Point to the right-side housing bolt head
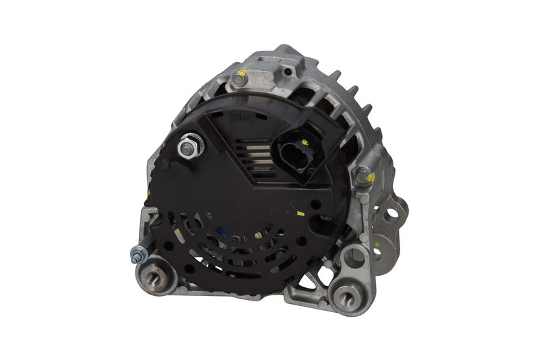[364, 176]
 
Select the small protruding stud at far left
[137, 256]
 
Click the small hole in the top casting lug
[288, 70]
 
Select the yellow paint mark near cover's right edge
[300, 214]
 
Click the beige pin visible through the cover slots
[258, 235]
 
